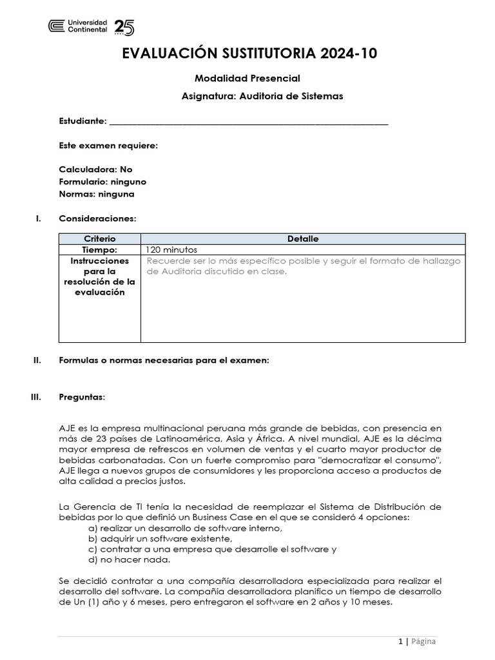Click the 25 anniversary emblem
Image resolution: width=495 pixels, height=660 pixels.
pos(124,27)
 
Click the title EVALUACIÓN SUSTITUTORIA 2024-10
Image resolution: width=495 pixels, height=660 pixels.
pos(249,54)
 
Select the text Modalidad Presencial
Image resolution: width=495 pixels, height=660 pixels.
pos(247,79)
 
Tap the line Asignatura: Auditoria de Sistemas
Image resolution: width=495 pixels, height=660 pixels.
pos(262,96)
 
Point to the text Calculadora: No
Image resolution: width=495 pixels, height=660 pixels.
pos(95,170)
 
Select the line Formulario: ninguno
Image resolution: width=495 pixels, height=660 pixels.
pos(102,182)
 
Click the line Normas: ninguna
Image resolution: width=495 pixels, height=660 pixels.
pos(97,194)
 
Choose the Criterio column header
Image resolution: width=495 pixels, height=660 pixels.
pos(100,238)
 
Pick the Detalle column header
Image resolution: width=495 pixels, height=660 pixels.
pos(302,238)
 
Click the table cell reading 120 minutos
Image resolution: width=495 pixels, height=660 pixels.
pos(172,249)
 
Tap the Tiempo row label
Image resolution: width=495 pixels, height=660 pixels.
pos(100,249)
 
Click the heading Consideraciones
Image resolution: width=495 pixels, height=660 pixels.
pos(97,218)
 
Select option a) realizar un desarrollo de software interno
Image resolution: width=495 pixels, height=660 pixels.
pos(186,528)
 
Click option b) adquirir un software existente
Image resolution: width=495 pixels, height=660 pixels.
pos(160,538)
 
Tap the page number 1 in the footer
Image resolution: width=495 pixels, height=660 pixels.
pos(400,641)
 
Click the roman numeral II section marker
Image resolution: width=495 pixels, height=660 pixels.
pos(37,360)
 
